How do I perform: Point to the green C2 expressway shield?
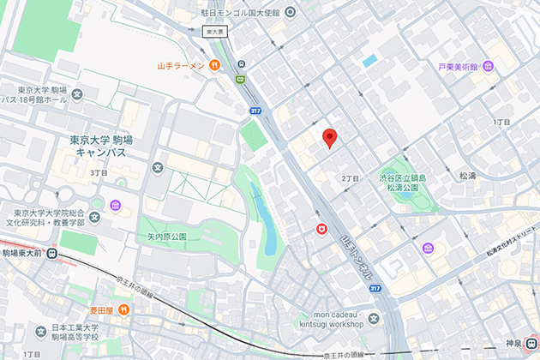click(241, 79)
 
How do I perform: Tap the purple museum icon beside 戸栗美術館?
click(488, 66)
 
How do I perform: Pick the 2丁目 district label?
click(349, 177)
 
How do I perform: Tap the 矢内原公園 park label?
click(166, 235)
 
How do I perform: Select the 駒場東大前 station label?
click(28, 253)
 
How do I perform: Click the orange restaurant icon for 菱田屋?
click(123, 309)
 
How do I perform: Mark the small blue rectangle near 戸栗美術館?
click(369, 61)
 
